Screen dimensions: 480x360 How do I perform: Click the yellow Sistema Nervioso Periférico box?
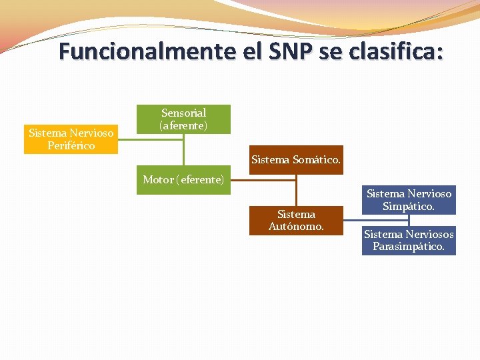coord(71,139)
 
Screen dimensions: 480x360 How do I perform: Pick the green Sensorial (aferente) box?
coord(183,119)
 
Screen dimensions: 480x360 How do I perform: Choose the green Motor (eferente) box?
coord(183,180)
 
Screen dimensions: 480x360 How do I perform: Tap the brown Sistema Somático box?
coord(296,160)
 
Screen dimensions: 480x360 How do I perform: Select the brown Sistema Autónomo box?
coord(296,220)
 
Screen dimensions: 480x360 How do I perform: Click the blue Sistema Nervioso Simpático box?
coord(409,200)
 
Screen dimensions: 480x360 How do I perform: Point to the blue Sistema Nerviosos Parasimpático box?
coord(409,241)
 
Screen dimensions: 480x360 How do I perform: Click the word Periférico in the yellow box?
coord(71,145)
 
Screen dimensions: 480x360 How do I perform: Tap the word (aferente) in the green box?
coord(183,125)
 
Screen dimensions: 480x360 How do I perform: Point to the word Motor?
coord(158,180)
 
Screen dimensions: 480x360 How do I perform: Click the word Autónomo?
coord(296,227)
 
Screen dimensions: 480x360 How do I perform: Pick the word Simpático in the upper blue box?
coord(409,207)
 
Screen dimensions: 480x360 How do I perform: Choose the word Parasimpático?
coord(409,247)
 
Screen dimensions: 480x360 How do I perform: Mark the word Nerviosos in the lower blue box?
coord(429,234)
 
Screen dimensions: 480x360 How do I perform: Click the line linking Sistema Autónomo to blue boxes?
coord(352,220)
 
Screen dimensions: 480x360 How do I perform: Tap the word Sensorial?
coord(183,113)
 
